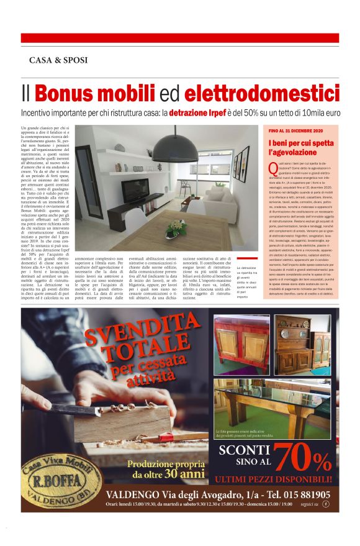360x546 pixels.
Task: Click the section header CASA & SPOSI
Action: [x=58, y=60]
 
